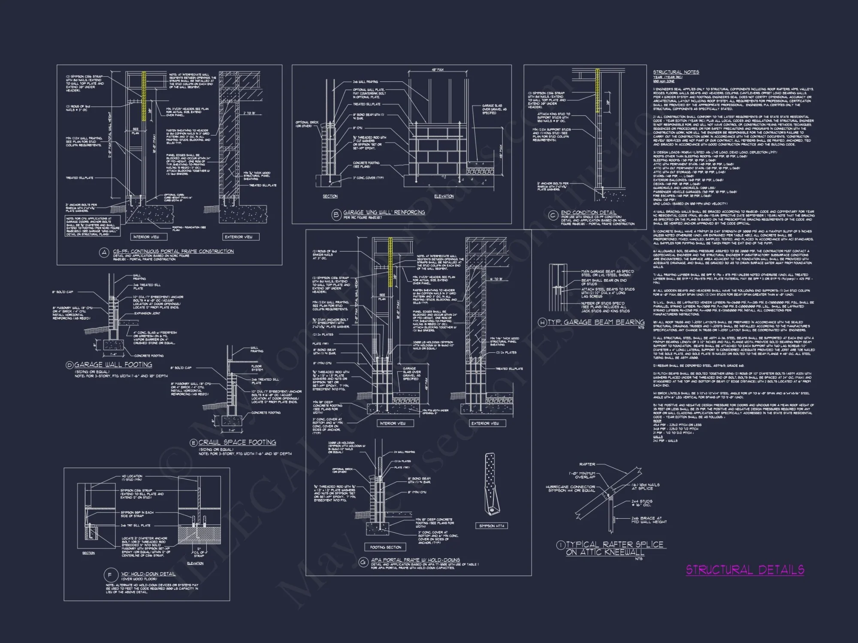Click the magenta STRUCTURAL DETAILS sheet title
tap(745, 570)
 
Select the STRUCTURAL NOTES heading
tap(676, 72)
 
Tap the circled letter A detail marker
tap(104, 253)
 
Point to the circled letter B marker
tap(337, 214)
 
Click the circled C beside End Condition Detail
tap(553, 215)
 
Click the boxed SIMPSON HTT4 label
tap(492, 526)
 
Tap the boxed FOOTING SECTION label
tap(386, 547)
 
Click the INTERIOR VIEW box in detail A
tap(146, 237)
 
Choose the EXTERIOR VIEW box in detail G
tap(486, 423)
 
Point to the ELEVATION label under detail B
tap(444, 196)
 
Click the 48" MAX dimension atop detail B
tap(438, 70)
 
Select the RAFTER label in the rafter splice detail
tap(587, 464)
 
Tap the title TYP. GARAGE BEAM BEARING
tap(596, 322)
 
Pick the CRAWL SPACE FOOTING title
tap(237, 442)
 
